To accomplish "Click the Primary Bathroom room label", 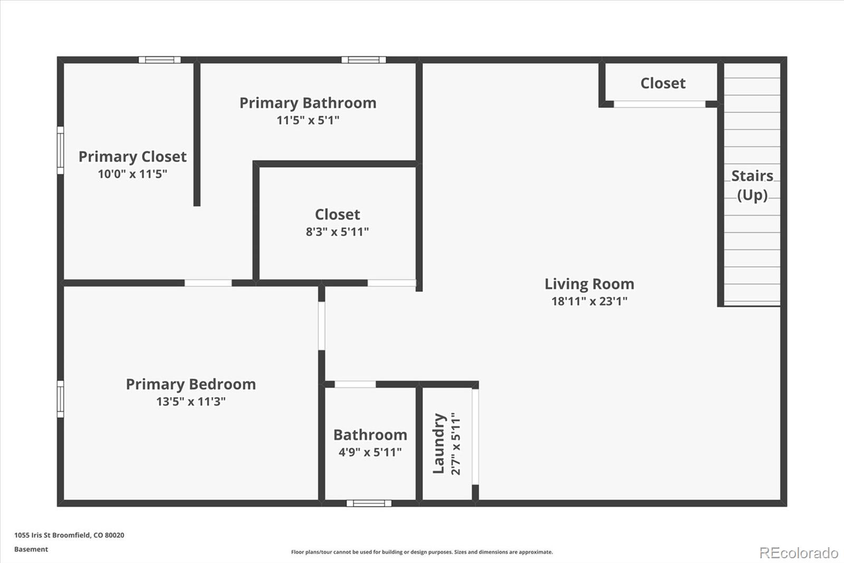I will click(308, 103).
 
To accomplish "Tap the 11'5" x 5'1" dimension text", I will click(308, 120).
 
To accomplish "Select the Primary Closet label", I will click(132, 157).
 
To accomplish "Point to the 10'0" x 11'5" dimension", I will click(132, 174).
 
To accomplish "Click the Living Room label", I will click(589, 284).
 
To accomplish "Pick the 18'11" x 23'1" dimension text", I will click(589, 302).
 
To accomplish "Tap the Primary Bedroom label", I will click(190, 384).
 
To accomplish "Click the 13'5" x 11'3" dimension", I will click(190, 401).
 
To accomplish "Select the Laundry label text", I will click(439, 444).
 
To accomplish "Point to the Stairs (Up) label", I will click(752, 185).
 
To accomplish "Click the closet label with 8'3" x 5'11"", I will click(338, 214).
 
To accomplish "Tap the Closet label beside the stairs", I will click(663, 83).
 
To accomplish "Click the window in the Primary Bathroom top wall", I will click(363, 60).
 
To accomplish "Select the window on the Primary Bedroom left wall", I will click(60, 399).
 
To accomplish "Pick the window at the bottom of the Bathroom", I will click(369, 503).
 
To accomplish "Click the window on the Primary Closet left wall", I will click(60, 150).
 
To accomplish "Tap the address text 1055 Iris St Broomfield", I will click(69, 535).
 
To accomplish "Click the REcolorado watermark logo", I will click(799, 553).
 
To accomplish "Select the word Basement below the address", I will click(31, 549).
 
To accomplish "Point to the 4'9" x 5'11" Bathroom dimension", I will click(370, 452).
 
